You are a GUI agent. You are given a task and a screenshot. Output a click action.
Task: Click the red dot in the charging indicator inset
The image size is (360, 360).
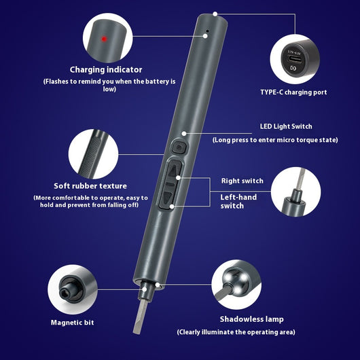tap(104, 39)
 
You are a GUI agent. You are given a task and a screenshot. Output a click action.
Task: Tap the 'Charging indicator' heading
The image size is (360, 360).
tap(106, 69)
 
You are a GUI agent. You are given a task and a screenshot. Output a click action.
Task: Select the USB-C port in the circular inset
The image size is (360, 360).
tap(295, 59)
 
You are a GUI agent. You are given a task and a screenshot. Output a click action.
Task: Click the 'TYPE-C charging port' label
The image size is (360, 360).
tap(293, 92)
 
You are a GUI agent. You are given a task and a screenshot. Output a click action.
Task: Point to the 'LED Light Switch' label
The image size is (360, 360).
tap(286, 126)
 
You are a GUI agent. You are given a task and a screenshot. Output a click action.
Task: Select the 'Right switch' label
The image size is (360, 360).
tap(242, 181)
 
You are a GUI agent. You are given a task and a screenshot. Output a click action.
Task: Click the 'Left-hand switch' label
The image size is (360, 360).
tap(238, 201)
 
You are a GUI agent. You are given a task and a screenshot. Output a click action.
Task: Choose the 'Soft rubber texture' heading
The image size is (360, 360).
tap(90, 186)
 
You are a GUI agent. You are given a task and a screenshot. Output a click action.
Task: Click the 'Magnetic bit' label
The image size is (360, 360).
tap(72, 323)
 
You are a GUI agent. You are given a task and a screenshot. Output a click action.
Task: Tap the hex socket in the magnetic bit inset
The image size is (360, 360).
tap(65, 292)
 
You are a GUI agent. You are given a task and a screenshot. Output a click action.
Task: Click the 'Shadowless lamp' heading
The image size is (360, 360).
tap(251, 319)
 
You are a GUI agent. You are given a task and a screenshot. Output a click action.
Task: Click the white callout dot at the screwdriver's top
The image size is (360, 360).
tap(215, 14)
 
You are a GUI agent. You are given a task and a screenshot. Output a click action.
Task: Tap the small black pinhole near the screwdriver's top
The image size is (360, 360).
tap(208, 31)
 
